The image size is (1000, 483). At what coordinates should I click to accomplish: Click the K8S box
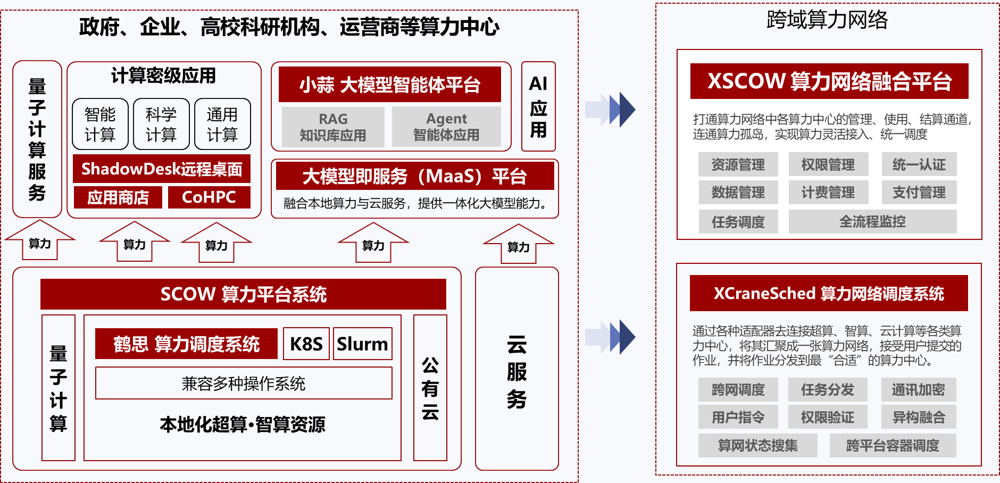pos(306,344)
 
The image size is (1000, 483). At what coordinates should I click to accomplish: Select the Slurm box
pos(363,344)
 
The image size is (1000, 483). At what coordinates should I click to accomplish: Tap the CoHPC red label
pos(209,197)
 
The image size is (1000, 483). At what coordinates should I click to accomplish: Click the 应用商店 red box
pos(118,197)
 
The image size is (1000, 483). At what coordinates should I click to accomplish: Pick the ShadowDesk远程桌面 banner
pos(162,169)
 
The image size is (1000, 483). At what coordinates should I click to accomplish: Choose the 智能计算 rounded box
pos(100,124)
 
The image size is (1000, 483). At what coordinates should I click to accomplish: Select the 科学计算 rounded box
pos(161,124)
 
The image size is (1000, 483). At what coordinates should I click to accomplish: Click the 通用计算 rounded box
pos(222,124)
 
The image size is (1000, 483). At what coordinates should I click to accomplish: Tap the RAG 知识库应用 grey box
pos(333,127)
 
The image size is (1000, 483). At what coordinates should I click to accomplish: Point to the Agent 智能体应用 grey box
pos(446,127)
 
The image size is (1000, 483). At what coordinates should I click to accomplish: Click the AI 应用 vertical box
pos(538,106)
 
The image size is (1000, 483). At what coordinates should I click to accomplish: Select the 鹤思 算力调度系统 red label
pos(186,344)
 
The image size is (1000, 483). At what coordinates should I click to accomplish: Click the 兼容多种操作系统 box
pos(244,383)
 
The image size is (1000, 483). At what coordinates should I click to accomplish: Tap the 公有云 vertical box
pos(430,388)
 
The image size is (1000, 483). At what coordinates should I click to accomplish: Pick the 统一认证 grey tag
pos(919,164)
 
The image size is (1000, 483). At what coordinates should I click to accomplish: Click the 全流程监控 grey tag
pos(872,221)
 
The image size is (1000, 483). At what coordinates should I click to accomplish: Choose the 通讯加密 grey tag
pos(918,390)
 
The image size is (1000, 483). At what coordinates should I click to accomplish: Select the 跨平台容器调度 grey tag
pos(893,445)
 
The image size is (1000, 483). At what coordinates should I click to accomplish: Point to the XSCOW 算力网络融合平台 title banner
pos(829,81)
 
